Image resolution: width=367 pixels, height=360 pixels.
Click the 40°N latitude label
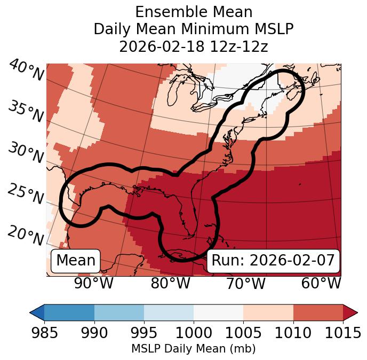click(x=26, y=71)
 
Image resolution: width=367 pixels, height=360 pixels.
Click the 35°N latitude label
click(x=26, y=112)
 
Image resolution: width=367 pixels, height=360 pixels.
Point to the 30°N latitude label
click(x=26, y=153)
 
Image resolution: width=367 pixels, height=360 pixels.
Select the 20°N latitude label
click(x=26, y=235)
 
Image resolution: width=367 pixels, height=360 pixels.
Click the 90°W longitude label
click(x=94, y=284)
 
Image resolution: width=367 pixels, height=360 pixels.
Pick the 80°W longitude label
click(x=170, y=284)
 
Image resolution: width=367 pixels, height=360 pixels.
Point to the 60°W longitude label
click(x=321, y=284)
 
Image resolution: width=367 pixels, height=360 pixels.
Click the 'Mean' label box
click(x=76, y=261)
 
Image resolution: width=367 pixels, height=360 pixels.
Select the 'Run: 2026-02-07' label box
click(x=273, y=261)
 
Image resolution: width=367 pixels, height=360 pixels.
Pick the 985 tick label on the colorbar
click(x=44, y=333)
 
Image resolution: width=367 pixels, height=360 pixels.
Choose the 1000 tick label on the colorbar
click(x=194, y=333)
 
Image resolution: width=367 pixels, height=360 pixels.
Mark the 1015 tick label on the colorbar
click(x=343, y=333)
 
